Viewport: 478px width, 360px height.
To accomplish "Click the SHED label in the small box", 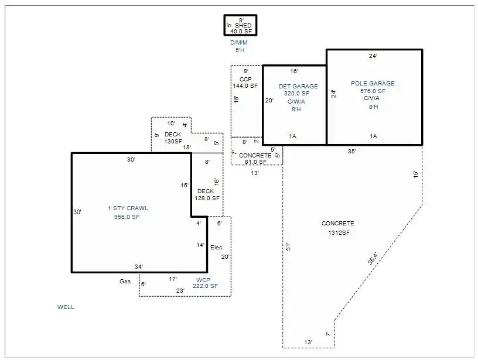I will tap(244, 26).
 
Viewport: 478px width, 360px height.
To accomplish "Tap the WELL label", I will tap(66, 307).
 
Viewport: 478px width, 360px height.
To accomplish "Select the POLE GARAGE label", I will tap(373, 84).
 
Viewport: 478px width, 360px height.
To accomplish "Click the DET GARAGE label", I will tap(298, 87).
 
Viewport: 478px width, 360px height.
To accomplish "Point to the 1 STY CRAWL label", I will tap(128, 208).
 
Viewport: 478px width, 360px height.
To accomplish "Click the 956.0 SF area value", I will tap(128, 217).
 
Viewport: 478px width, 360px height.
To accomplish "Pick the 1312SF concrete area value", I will tap(338, 233).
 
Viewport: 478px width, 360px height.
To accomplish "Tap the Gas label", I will tap(125, 282).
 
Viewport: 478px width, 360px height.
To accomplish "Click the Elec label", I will tap(216, 248).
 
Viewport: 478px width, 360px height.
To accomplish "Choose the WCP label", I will tap(203, 279).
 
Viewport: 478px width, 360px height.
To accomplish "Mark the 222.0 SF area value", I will tap(205, 286).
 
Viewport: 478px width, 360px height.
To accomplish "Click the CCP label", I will tap(245, 79).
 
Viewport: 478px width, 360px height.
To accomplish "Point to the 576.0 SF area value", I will tap(373, 91).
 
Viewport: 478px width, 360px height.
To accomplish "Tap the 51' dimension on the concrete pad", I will tap(288, 247).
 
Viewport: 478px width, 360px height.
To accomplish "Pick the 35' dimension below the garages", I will tap(351, 152).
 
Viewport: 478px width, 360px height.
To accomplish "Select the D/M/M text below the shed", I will tap(239, 43).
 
